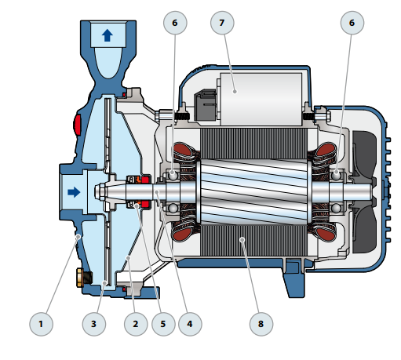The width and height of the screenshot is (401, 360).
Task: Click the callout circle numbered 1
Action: click(41, 324)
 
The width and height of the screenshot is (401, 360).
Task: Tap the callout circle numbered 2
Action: click(136, 324)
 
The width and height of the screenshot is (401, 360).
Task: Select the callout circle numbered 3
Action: click(94, 324)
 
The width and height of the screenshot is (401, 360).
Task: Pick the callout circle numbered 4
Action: click(190, 324)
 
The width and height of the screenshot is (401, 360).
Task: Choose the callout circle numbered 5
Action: click(163, 324)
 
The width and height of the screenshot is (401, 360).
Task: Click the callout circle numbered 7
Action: click(222, 23)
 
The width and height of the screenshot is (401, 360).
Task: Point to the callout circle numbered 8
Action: click(261, 324)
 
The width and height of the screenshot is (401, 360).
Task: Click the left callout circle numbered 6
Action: click(175, 23)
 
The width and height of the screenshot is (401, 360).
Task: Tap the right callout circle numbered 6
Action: click(352, 23)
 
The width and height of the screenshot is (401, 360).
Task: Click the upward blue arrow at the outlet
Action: click(107, 35)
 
